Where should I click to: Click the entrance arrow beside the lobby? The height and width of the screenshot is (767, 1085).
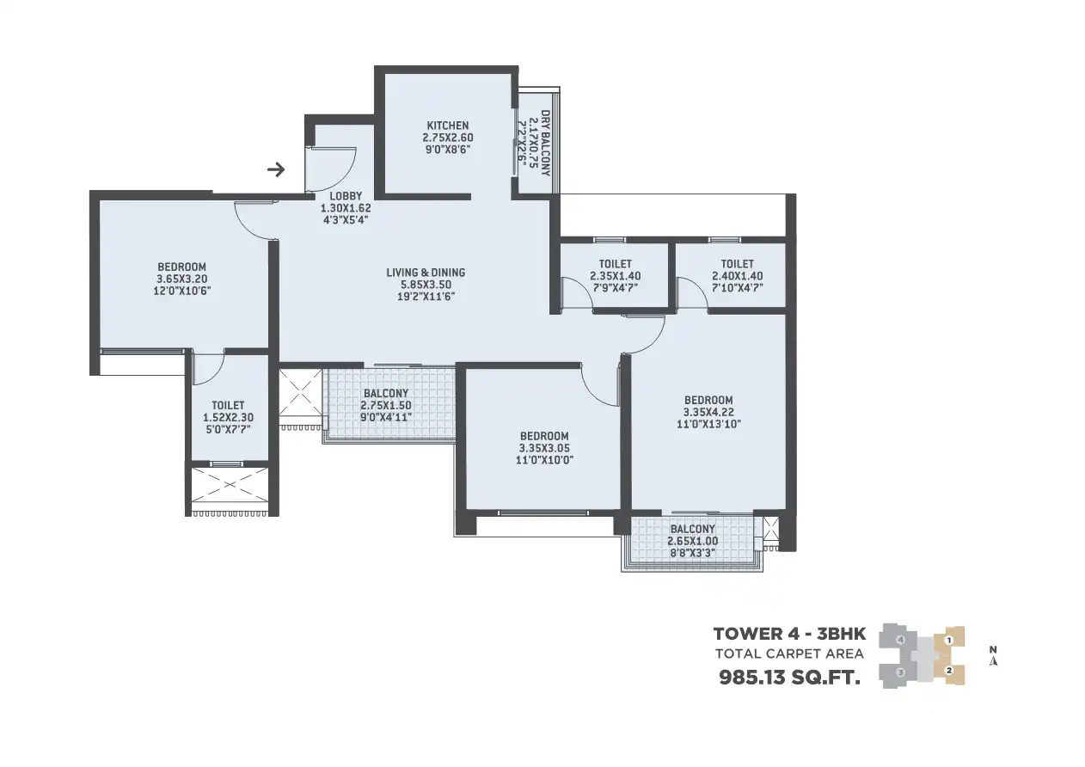click(276, 169)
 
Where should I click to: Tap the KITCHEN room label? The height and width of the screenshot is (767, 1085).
click(448, 126)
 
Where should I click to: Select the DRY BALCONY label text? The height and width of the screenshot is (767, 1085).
click(546, 143)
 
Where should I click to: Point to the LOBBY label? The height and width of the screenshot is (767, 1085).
click(346, 196)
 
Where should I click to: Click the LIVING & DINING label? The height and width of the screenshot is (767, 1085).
click(426, 273)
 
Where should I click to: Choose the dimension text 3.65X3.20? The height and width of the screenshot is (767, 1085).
click(181, 279)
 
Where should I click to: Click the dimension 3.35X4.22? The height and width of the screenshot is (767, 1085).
click(708, 413)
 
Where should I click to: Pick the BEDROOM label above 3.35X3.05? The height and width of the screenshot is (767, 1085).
click(544, 436)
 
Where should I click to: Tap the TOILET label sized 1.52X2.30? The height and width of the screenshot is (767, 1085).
click(228, 406)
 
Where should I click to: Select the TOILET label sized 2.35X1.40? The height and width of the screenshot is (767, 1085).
click(616, 264)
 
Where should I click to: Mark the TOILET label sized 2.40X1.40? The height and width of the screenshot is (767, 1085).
click(737, 264)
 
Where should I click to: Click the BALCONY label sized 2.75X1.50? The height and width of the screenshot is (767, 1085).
click(386, 394)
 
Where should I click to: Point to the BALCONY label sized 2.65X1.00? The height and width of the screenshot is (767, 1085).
click(693, 529)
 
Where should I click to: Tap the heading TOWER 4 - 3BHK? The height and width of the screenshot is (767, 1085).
click(789, 634)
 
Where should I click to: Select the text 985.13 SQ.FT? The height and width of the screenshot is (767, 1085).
click(789, 678)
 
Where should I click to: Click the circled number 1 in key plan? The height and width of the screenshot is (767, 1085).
click(949, 641)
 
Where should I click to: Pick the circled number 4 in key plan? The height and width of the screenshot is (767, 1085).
click(900, 640)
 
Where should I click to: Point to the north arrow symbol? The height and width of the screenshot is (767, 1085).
click(993, 656)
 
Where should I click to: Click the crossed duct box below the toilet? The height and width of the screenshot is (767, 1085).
click(230, 485)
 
